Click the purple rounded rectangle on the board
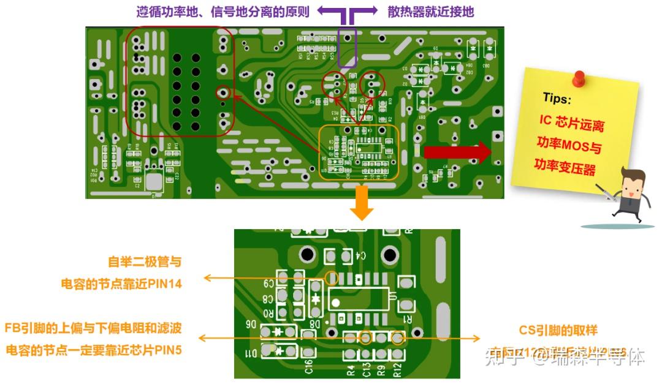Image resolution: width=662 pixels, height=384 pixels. tap(348, 47)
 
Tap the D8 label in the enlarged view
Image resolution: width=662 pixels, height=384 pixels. tap(315, 323)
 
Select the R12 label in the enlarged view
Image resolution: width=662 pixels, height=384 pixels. tap(397, 370)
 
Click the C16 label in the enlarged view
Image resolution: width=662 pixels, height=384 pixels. tap(308, 367)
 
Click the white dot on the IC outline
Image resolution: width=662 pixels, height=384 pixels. tap(335, 302)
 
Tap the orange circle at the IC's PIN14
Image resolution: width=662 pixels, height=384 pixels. tap(331, 277)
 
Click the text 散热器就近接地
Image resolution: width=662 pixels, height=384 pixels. tap(430, 12)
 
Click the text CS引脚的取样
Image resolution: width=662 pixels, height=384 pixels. tap(558, 330)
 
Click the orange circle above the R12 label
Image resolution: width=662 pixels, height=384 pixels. tap(397, 337)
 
